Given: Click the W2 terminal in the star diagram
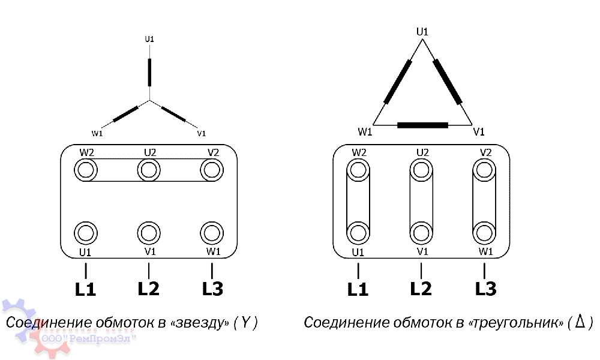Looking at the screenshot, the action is pos(86,170).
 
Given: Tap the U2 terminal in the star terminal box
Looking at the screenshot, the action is pos(149,170).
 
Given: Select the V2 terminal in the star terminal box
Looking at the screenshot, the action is pos(212,170).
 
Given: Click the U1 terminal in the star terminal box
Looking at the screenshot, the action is pos(86,233).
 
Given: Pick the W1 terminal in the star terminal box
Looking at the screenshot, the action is pos(212,233).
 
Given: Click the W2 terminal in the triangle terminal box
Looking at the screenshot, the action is pos(358,170).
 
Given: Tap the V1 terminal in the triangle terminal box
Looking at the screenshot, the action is pos(421,233).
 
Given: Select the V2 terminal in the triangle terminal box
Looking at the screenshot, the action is pos(484,170).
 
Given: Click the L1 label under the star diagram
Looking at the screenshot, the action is pos(85,289).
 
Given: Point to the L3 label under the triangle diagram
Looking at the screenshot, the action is pos(485,289).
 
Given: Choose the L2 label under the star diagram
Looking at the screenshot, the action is pos(148,289).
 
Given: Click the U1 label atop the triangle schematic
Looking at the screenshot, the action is pos(422,32).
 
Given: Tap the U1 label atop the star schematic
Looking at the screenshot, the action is pos(149,39).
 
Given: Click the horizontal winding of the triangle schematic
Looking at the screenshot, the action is pos(423,125).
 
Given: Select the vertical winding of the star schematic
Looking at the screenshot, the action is pos(149,73).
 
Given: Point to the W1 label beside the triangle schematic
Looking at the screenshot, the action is pos(365,132).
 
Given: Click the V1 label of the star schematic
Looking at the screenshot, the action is pos(201,134).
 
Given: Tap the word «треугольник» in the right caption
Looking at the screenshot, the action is pos(516,323).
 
